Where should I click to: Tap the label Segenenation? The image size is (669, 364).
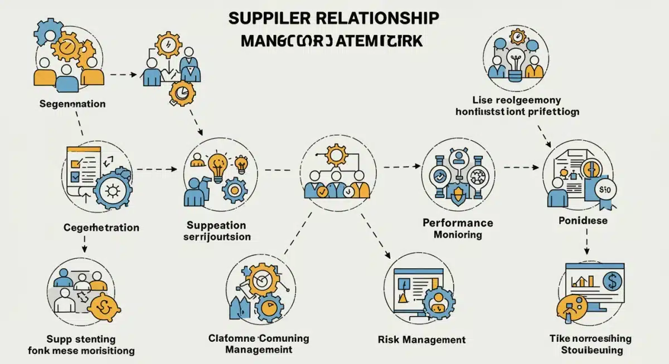[72, 104]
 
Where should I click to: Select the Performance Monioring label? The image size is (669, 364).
[457, 229]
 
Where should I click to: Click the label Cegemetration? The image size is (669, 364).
[101, 228]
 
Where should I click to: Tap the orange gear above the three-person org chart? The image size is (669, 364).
[337, 154]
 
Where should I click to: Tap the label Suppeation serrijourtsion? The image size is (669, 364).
[216, 231]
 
